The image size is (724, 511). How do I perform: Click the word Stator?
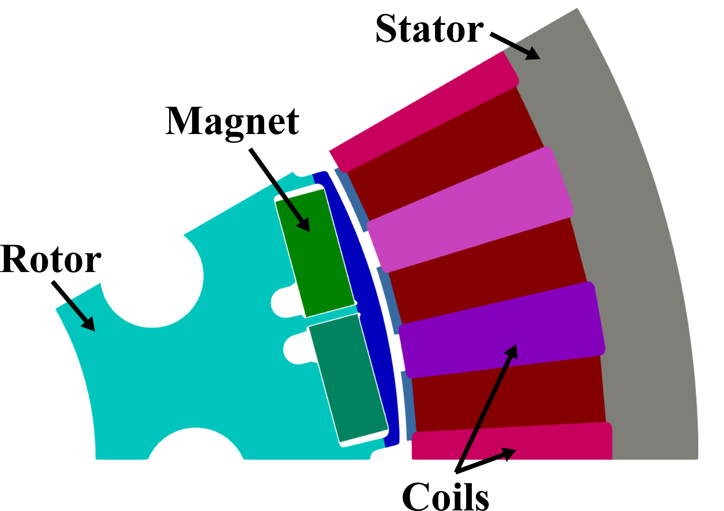point(429,29)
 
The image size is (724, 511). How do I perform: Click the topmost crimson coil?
point(424,112)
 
